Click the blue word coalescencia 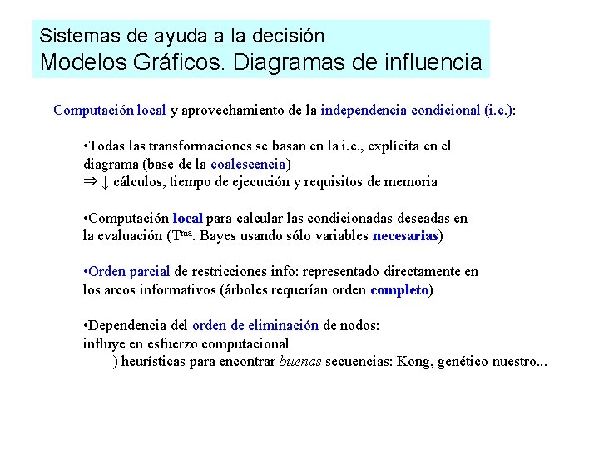248,164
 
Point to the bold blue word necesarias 405,236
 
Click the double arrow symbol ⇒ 90,181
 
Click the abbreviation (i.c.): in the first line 499,110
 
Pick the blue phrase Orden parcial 129,271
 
